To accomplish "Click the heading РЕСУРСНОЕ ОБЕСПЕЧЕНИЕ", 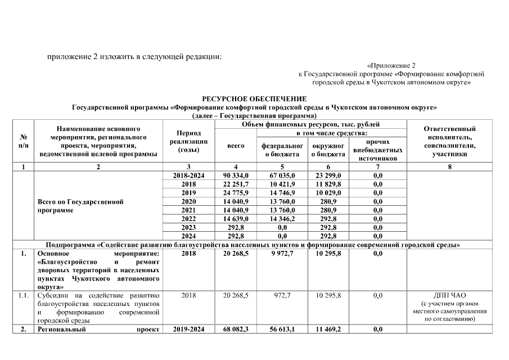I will coord(254,99).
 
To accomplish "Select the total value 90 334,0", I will coord(236,176).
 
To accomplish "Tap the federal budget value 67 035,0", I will coord(282,176).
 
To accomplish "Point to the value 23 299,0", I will coord(328,176).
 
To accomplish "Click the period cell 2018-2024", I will coord(189,176).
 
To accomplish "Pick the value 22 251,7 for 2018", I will coord(236,184).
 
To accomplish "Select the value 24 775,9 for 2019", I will coord(236,193).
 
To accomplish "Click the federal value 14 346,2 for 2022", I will coord(282,219).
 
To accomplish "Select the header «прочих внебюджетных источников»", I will coord(377,150).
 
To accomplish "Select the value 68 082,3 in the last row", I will coord(236,330).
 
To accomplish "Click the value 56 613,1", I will coord(282,330).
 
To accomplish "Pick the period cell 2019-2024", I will coord(189,330).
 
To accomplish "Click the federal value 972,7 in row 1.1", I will coord(282,295).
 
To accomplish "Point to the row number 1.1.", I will coord(23,295).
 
